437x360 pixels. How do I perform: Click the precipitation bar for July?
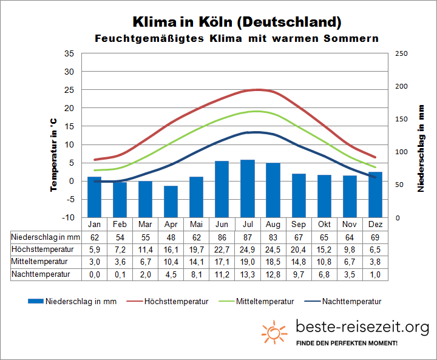click(247, 188)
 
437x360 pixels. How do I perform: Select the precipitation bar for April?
click(171, 201)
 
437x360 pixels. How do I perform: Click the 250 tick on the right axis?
click(401, 53)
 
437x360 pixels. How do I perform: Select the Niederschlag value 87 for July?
click(248, 237)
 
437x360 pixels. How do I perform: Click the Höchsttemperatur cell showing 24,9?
click(248, 249)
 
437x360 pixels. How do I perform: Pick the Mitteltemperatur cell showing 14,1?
click(196, 262)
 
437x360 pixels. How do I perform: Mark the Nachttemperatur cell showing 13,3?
click(248, 274)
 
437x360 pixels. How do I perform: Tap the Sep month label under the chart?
click(299, 223)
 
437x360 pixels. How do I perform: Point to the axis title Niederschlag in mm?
click(421, 148)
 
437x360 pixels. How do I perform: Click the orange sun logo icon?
click(274, 333)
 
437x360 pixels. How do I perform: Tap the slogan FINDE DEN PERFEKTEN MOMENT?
click(346, 344)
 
